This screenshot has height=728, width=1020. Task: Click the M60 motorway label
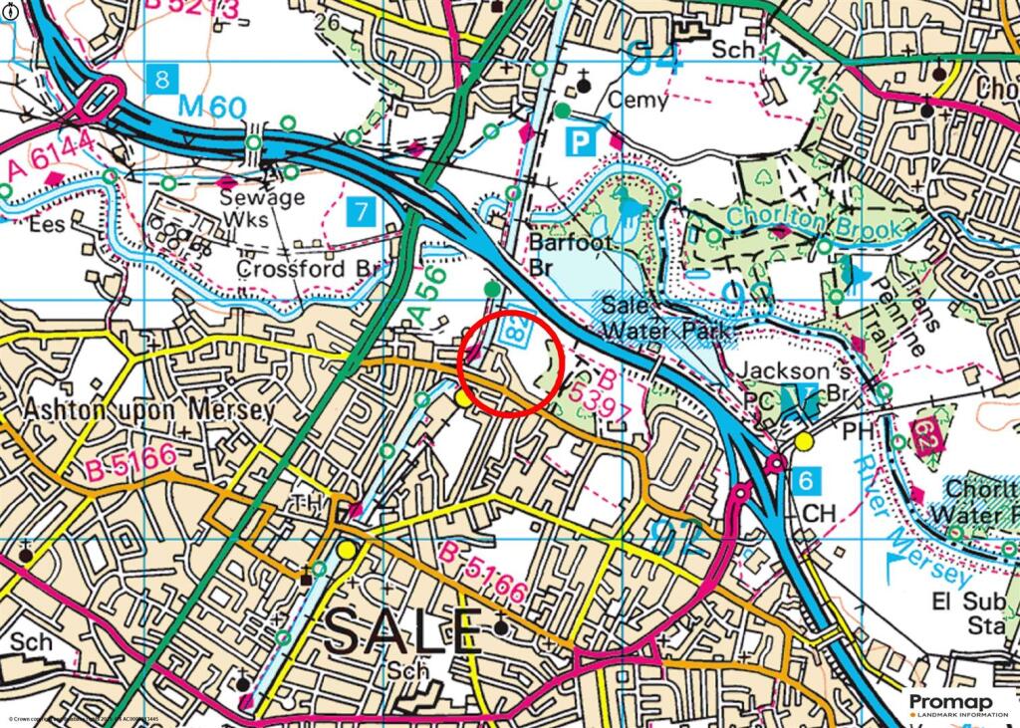(213, 106)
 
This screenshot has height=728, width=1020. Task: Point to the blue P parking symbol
(579, 142)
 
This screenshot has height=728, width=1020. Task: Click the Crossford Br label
(304, 269)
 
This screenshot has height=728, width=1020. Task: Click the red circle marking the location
(512, 363)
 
